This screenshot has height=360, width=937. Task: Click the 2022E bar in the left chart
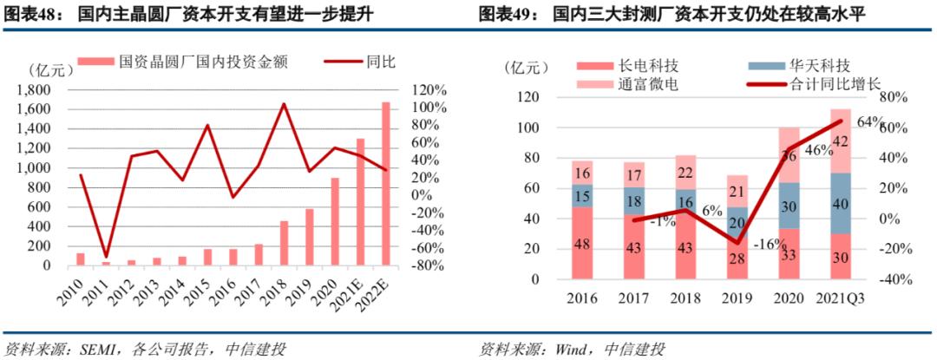pyautogui.click(x=385, y=184)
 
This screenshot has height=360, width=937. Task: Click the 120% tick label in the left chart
pyautogui.click(x=429, y=90)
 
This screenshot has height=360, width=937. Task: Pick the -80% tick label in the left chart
pyautogui.click(x=429, y=266)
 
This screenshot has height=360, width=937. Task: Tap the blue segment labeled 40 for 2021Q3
pyautogui.click(x=840, y=204)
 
